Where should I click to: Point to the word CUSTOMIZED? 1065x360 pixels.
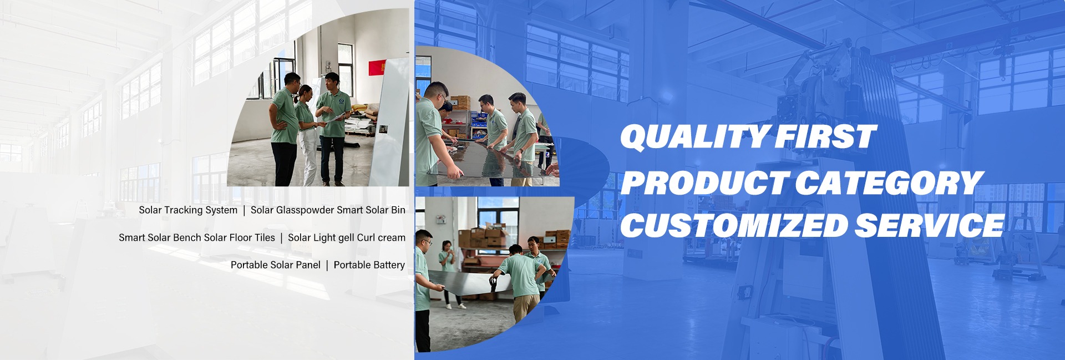(x=733, y=225)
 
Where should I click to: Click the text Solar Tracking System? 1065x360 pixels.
(x=188, y=210)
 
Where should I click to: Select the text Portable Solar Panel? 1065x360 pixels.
(x=276, y=265)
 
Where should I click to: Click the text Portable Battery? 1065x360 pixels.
(x=369, y=265)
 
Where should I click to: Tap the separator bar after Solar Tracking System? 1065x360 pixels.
(x=244, y=210)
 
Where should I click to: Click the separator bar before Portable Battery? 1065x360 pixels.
(x=327, y=265)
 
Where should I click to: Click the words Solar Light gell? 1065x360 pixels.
(x=321, y=237)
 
